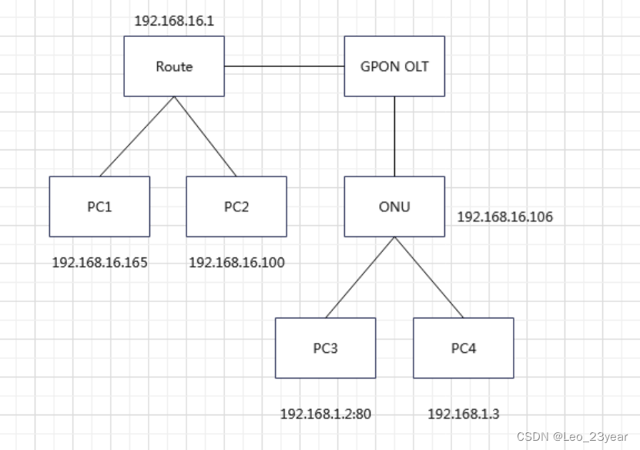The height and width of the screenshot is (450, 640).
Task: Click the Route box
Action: (174, 66)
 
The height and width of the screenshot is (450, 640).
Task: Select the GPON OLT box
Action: (394, 66)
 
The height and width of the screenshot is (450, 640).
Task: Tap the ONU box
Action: (394, 207)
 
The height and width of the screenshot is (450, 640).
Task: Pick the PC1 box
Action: (99, 207)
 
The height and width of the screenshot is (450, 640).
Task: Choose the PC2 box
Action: (236, 207)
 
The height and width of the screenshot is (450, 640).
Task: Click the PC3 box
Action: (325, 348)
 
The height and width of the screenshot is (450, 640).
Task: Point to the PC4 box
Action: (464, 348)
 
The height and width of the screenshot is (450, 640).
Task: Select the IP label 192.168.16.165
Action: (99, 263)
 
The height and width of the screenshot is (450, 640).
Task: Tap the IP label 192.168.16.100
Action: (236, 263)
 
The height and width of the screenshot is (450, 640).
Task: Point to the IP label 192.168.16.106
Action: (505, 217)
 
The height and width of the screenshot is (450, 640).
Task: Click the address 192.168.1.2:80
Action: (325, 415)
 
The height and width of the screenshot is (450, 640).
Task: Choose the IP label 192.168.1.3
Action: (464, 415)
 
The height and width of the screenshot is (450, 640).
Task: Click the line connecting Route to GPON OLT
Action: (284, 67)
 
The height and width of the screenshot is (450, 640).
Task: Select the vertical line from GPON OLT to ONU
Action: (394, 136)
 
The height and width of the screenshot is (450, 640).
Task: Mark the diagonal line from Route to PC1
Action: (137, 136)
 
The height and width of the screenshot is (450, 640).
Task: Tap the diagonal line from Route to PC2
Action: (205, 136)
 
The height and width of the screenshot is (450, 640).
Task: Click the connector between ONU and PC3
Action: (360, 277)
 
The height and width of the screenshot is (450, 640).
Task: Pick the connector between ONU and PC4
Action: (429, 277)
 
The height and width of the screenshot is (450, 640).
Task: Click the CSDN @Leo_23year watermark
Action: (572, 437)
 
